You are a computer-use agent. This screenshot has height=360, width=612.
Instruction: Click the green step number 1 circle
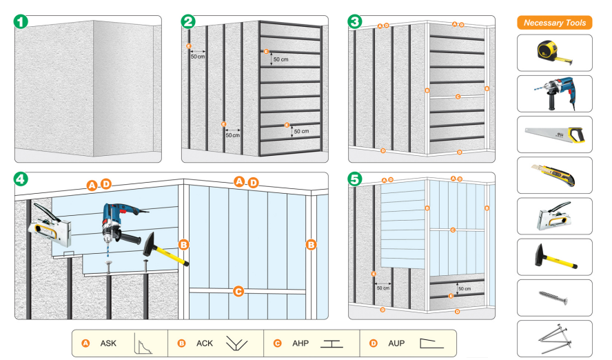click(21, 21)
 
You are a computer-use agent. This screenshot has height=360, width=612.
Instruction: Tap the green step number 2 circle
click(188, 21)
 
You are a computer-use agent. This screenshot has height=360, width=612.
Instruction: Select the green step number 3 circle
click(355, 21)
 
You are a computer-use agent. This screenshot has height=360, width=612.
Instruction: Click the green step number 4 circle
click(21, 179)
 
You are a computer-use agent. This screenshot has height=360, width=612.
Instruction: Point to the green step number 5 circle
click(355, 179)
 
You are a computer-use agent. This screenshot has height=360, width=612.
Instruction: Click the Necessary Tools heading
click(554, 23)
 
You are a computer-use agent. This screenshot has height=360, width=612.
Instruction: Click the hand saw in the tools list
click(554, 134)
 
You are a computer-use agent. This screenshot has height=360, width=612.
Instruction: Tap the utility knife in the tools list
click(554, 174)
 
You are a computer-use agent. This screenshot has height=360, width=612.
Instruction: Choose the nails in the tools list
click(554, 338)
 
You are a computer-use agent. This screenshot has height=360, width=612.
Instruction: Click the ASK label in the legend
click(108, 343)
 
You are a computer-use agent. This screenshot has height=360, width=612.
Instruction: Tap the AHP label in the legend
click(300, 343)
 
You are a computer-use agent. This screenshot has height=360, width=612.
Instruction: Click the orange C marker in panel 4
click(238, 292)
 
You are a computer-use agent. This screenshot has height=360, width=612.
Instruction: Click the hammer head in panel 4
click(150, 243)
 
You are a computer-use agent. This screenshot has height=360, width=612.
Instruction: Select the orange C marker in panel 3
click(458, 97)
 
